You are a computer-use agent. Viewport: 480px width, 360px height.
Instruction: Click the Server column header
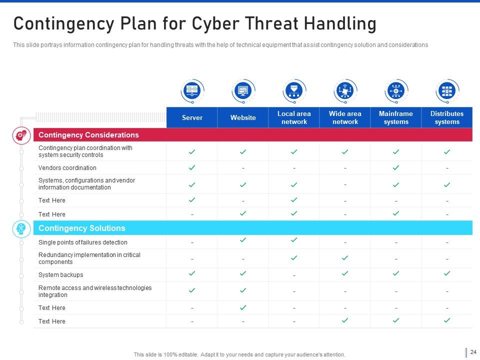tap(192, 117)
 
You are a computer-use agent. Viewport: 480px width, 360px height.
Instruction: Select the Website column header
tap(243, 117)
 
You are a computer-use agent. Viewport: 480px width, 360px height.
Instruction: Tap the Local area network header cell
tap(294, 117)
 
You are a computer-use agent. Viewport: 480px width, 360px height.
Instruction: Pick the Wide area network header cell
tap(345, 117)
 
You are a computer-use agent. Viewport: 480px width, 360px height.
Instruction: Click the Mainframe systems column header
tap(396, 117)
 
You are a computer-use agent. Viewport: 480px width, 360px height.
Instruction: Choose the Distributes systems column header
tap(447, 117)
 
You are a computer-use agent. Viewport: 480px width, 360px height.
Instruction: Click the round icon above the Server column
tap(192, 91)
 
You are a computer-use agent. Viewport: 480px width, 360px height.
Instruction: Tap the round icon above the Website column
tap(243, 91)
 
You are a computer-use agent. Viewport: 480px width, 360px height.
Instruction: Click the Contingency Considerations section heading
tap(88, 135)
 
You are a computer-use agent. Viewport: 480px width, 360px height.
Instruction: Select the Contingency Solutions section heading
tap(81, 228)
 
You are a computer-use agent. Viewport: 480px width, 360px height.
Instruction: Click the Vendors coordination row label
tap(67, 168)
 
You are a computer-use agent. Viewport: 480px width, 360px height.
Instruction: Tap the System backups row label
tap(61, 275)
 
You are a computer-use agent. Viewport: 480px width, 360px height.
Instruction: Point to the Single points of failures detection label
tap(83, 242)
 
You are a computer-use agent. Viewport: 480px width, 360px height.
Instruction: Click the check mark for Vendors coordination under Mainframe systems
tap(396, 167)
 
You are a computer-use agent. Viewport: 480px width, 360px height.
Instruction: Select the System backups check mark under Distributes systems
tap(447, 273)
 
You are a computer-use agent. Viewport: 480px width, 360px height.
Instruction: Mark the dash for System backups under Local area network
tap(294, 275)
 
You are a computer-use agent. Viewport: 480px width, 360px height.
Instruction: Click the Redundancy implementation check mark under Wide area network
tap(345, 258)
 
